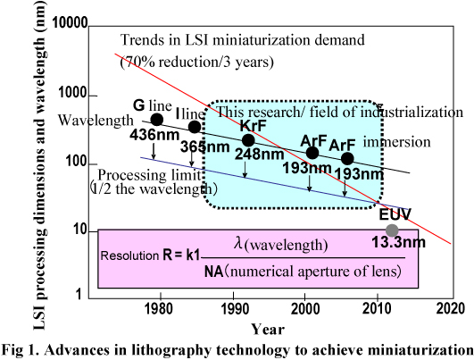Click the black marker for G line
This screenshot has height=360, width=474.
pyautogui.click(x=157, y=120)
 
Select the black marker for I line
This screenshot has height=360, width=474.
pyautogui.click(x=195, y=127)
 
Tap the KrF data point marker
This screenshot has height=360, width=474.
pyautogui.click(x=248, y=140)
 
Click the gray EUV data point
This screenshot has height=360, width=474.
pyautogui.click(x=392, y=230)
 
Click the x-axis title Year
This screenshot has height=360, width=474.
pyautogui.click(x=268, y=327)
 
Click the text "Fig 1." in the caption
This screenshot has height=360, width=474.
pyautogui.click(x=21, y=348)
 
